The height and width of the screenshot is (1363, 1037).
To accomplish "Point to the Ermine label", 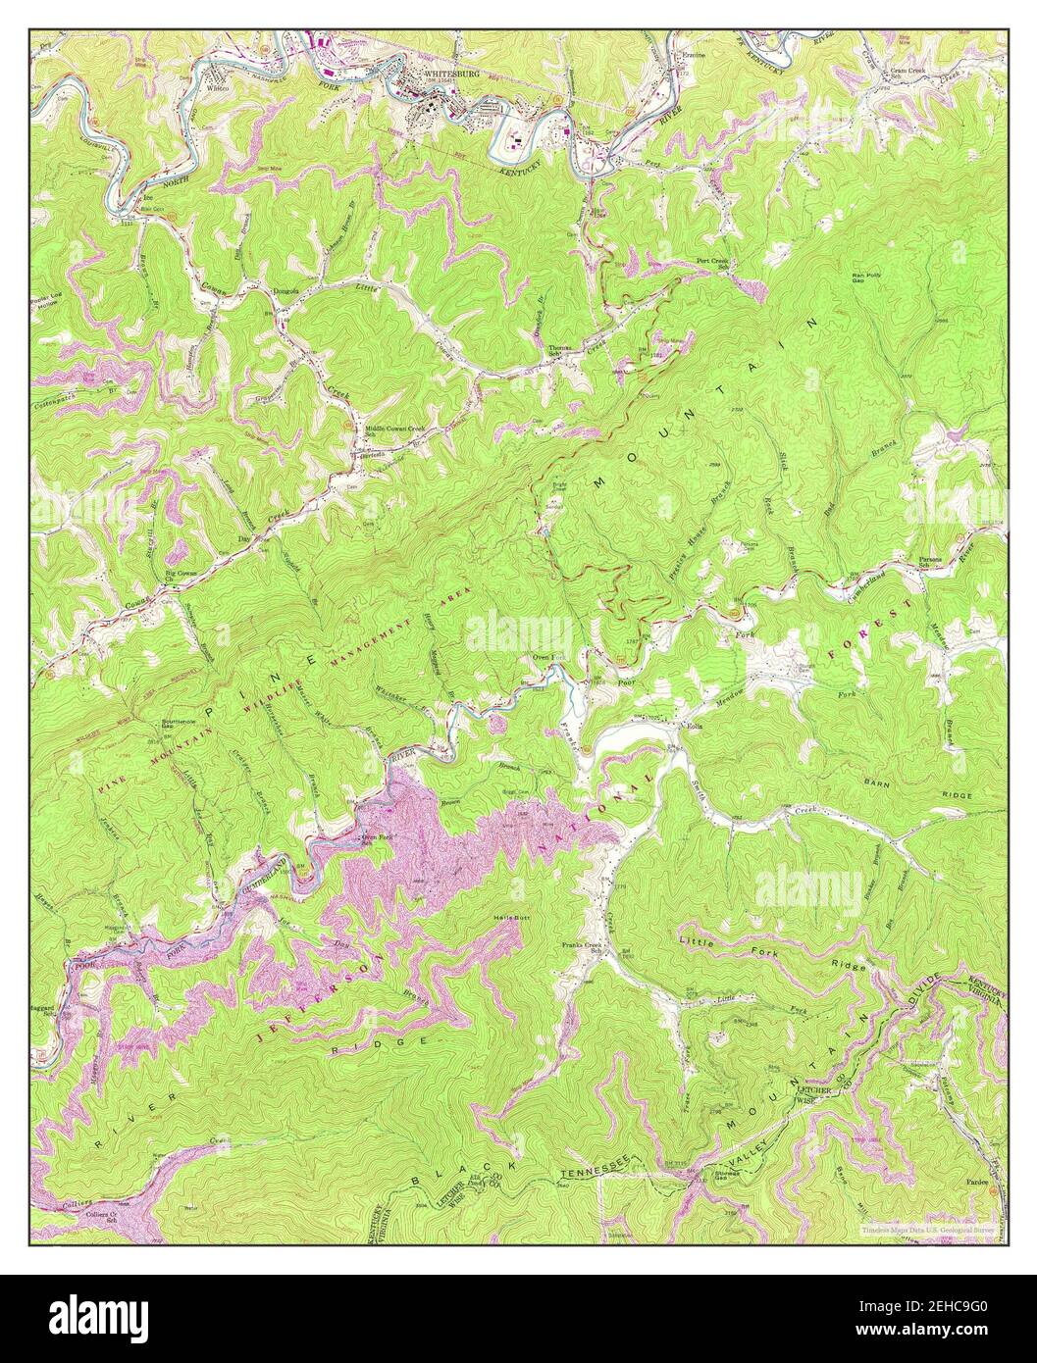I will pyautogui.click(x=695, y=57).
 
